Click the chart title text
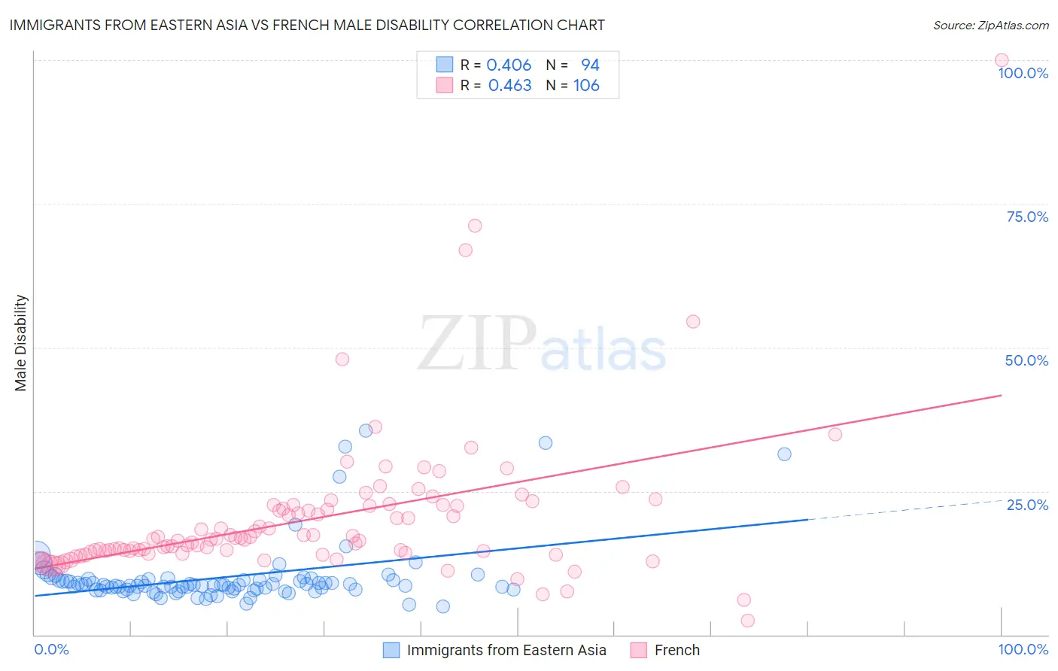307,25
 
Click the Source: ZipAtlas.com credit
990,25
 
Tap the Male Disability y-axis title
21,342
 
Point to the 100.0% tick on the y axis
1023,73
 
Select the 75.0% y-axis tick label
1027,217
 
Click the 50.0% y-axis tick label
1026,360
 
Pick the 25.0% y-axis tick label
1027,504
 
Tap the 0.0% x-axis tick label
51,649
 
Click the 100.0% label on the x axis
1023,649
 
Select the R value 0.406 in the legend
509,65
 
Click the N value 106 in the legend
586,86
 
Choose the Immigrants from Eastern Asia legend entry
495,650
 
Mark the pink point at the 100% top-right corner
1002,60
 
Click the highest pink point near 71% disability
475,226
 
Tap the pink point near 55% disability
693,321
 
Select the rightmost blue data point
784,454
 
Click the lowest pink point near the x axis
747,621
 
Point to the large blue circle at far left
37,555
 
